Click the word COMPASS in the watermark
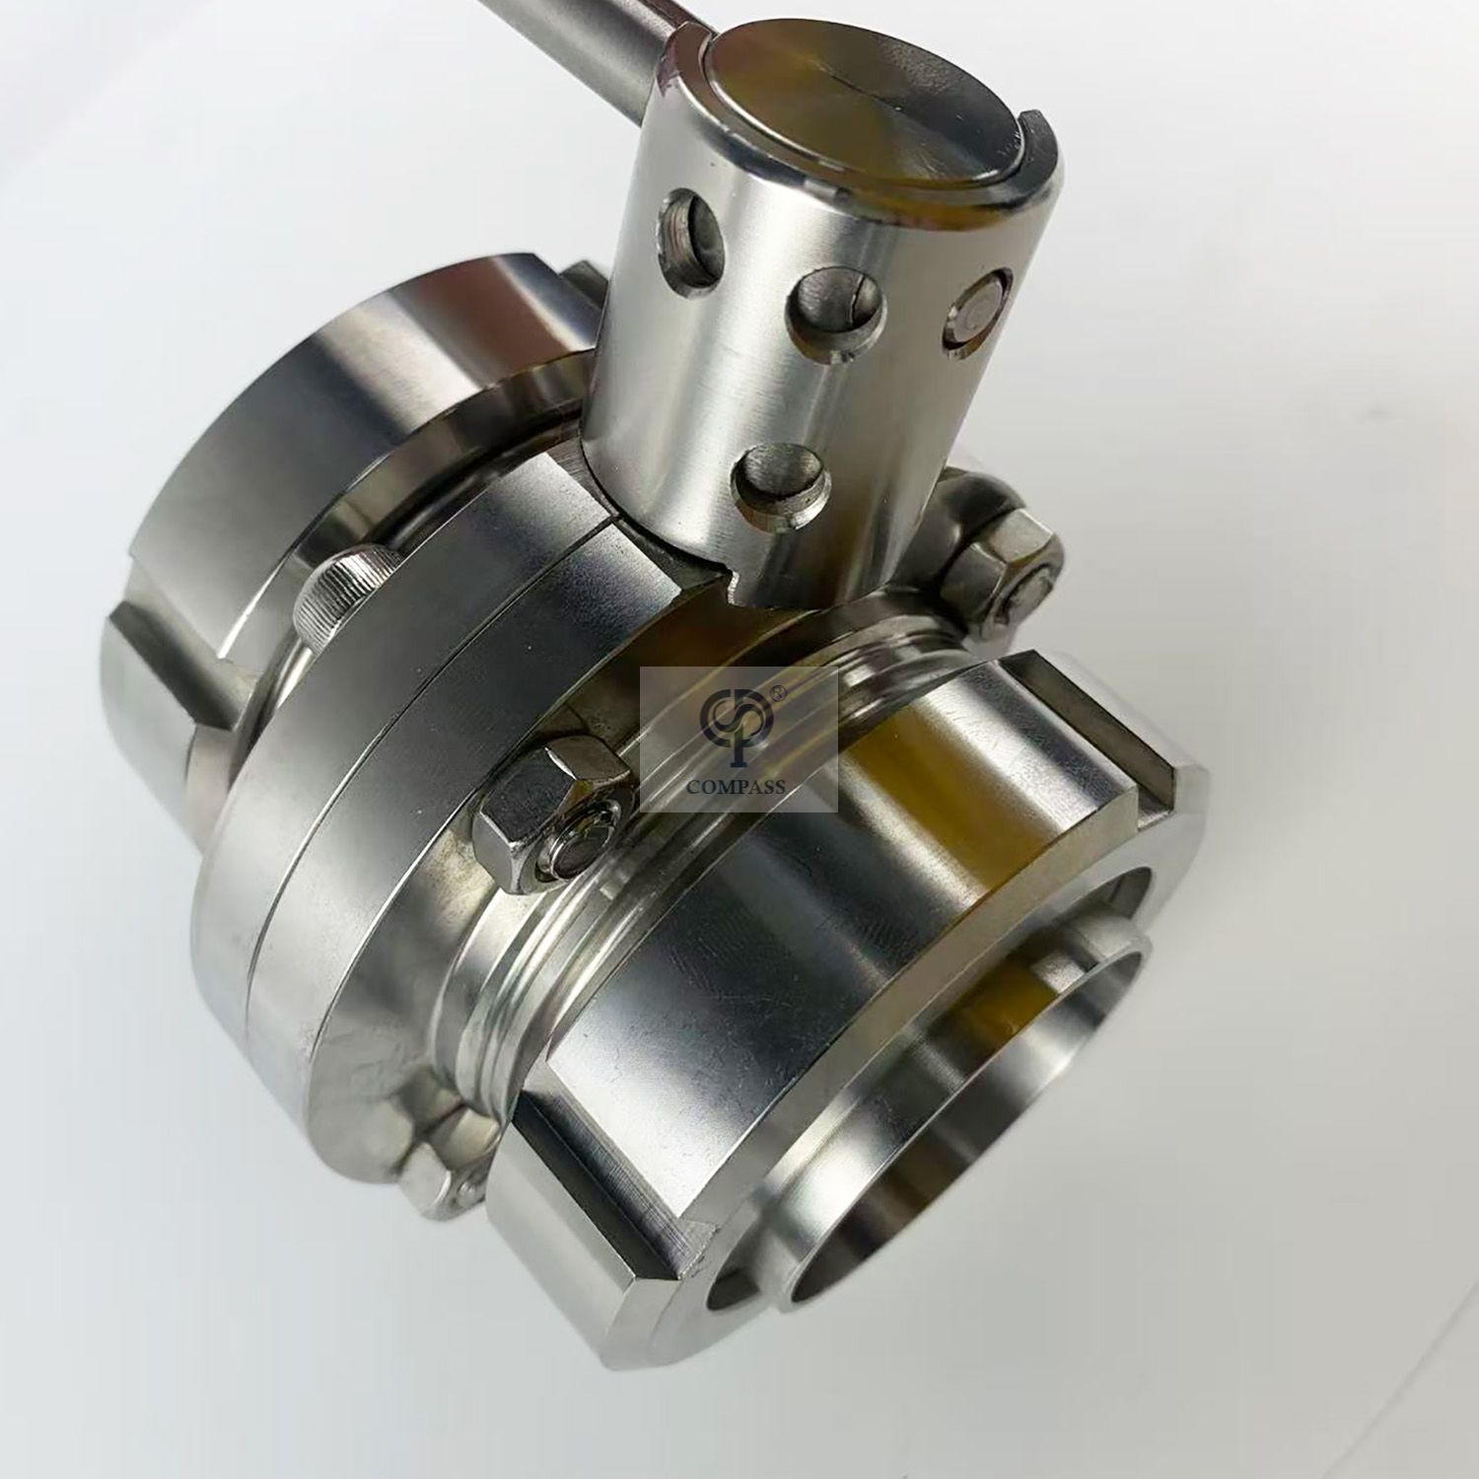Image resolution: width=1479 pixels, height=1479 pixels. click(738, 786)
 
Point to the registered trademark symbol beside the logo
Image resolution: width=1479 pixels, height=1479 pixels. click(778, 693)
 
